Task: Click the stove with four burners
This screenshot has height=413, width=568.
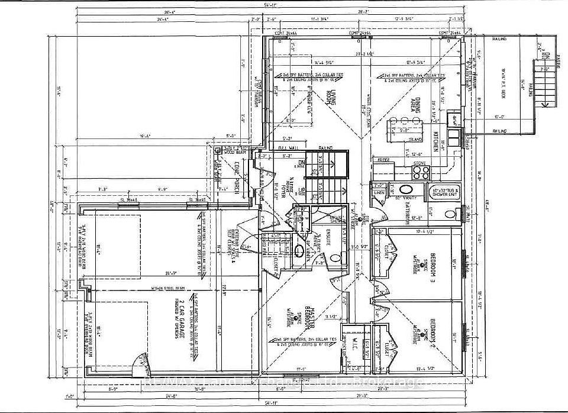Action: pyautogui.click(x=420, y=172)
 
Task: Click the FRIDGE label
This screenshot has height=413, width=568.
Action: pyautogui.click(x=382, y=160)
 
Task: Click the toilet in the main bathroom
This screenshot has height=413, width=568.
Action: pyautogui.click(x=449, y=214)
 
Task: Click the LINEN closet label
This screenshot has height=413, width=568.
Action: pyautogui.click(x=379, y=193)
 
